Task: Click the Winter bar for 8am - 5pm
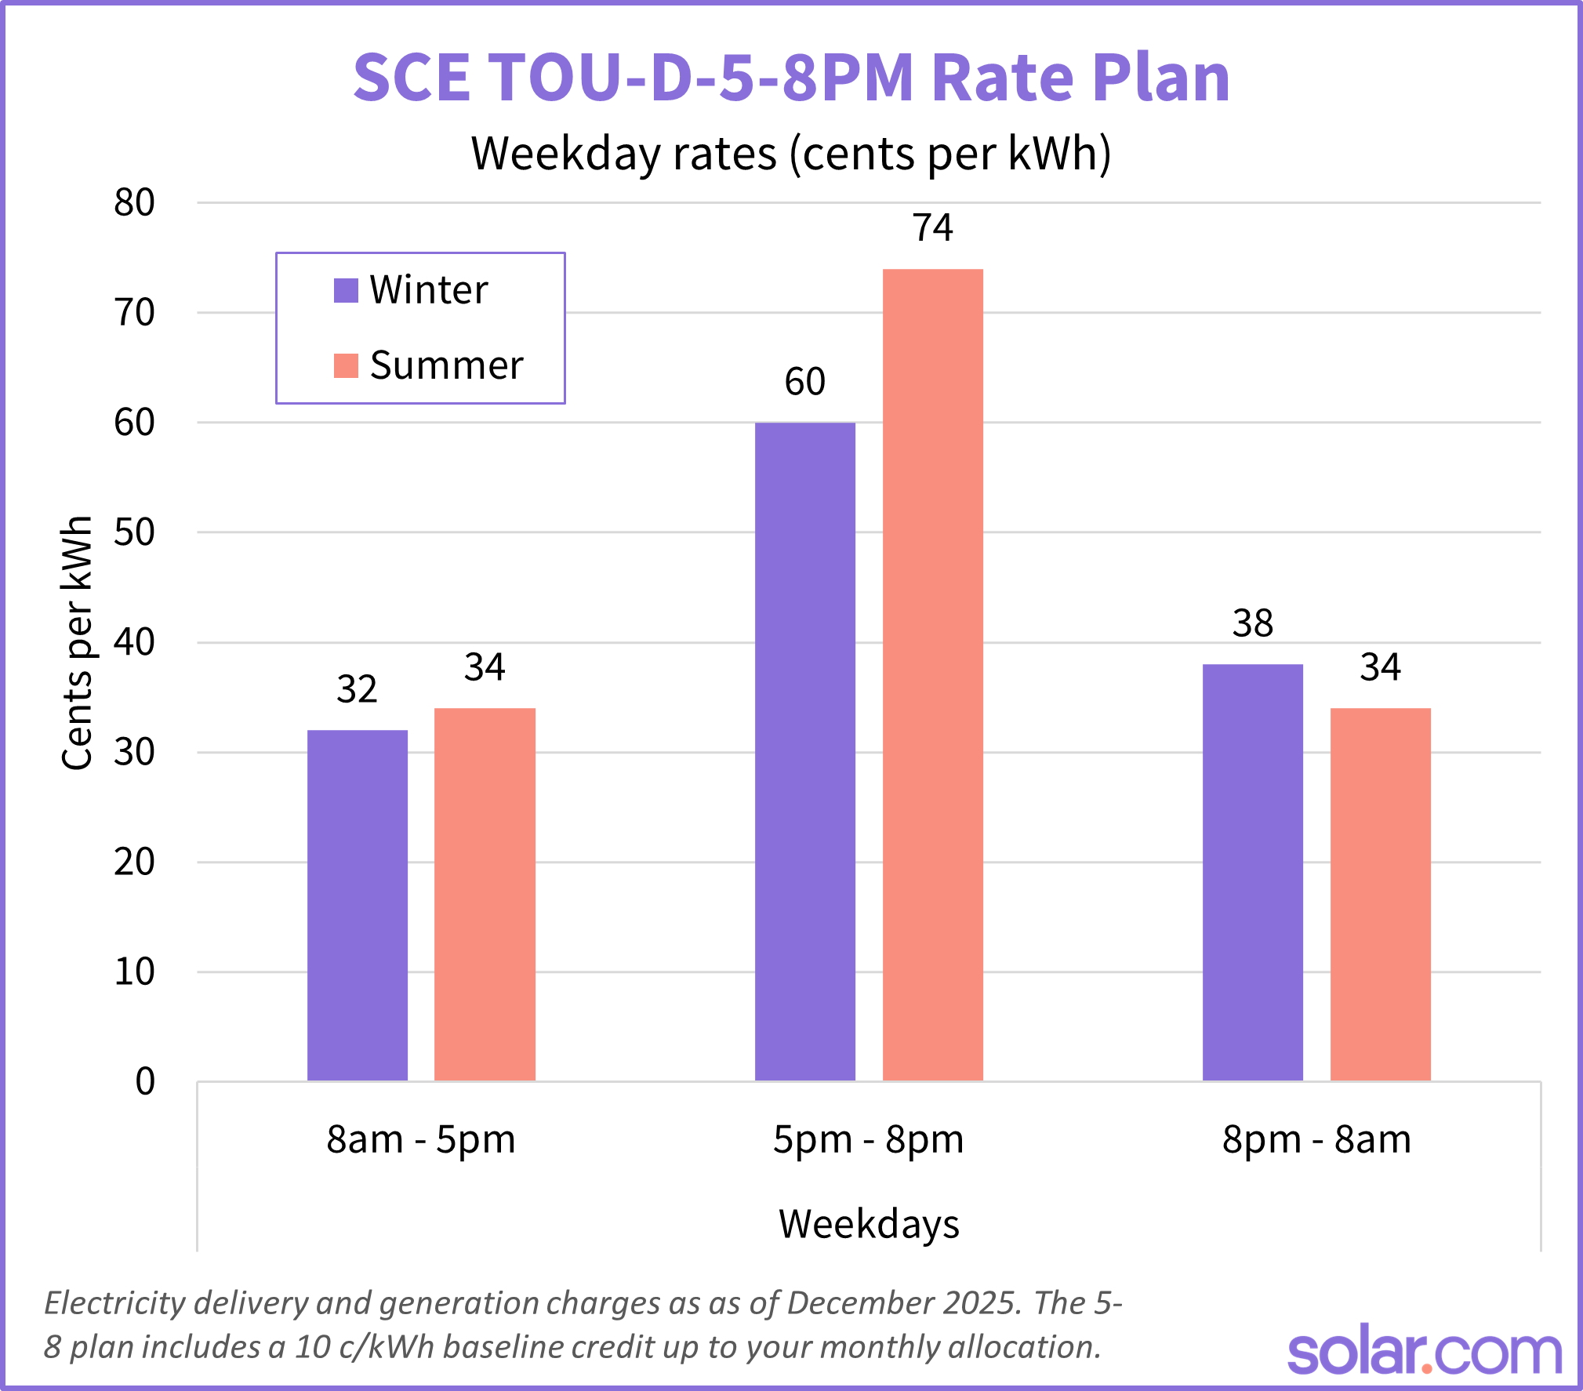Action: coord(358,906)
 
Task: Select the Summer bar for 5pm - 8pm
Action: coord(932,674)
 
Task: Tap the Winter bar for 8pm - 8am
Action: coord(1252,872)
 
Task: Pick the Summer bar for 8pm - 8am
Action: coord(1380,894)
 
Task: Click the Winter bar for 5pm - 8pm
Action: coord(804,751)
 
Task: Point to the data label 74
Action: coord(932,228)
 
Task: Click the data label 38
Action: coord(1252,624)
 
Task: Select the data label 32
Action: coord(357,690)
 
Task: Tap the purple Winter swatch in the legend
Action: coord(346,290)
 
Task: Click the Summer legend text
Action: coord(446,365)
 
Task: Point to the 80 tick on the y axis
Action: coord(134,203)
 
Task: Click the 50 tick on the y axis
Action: coord(134,533)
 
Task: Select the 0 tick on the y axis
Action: coord(145,1082)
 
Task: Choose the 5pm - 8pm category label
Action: coord(868,1139)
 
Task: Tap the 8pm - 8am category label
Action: coord(1316,1139)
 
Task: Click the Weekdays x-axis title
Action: coord(869,1224)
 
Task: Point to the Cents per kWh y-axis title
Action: coord(77,643)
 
